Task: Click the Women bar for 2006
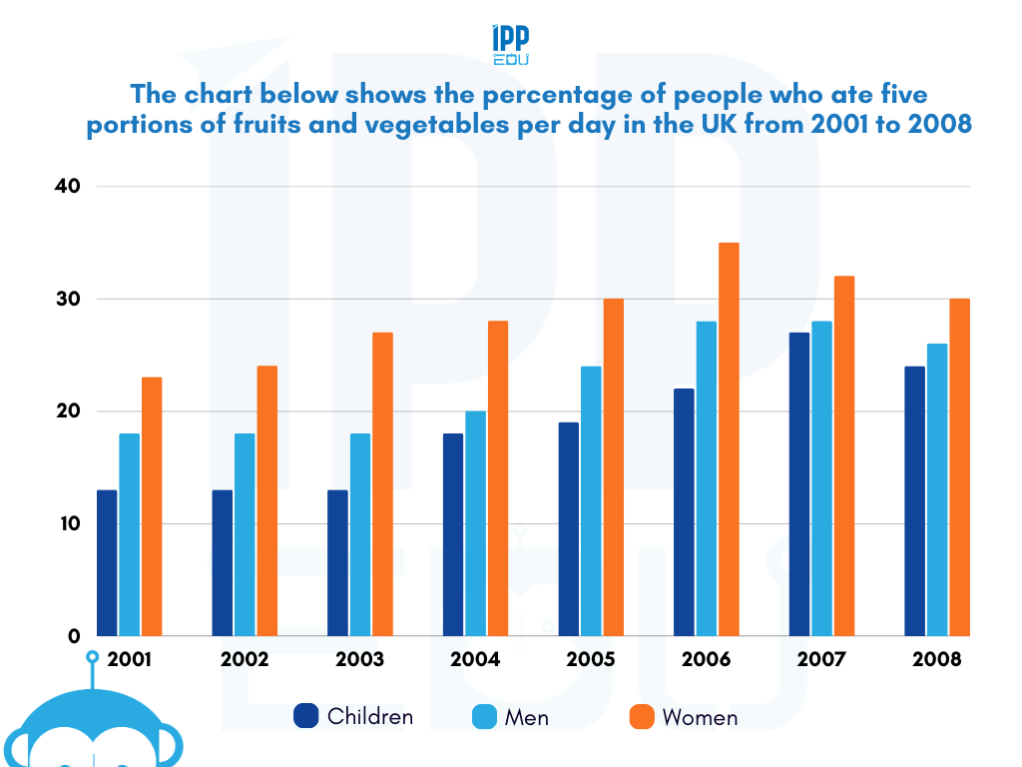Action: coord(729,439)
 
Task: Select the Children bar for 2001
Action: coord(107,562)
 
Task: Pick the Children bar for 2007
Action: coord(799,483)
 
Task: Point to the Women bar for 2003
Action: coord(382,483)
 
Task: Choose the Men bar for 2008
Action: coord(937,489)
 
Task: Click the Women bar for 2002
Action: coord(267,500)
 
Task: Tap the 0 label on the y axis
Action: coord(73,636)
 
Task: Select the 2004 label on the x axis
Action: coord(475,660)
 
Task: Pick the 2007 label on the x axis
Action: coord(821,660)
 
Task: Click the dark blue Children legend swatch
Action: coord(305,716)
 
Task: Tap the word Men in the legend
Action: coord(527,717)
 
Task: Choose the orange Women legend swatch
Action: coord(642,716)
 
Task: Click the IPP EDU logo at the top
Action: coord(511,46)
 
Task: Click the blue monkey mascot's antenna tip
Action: coord(92,657)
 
